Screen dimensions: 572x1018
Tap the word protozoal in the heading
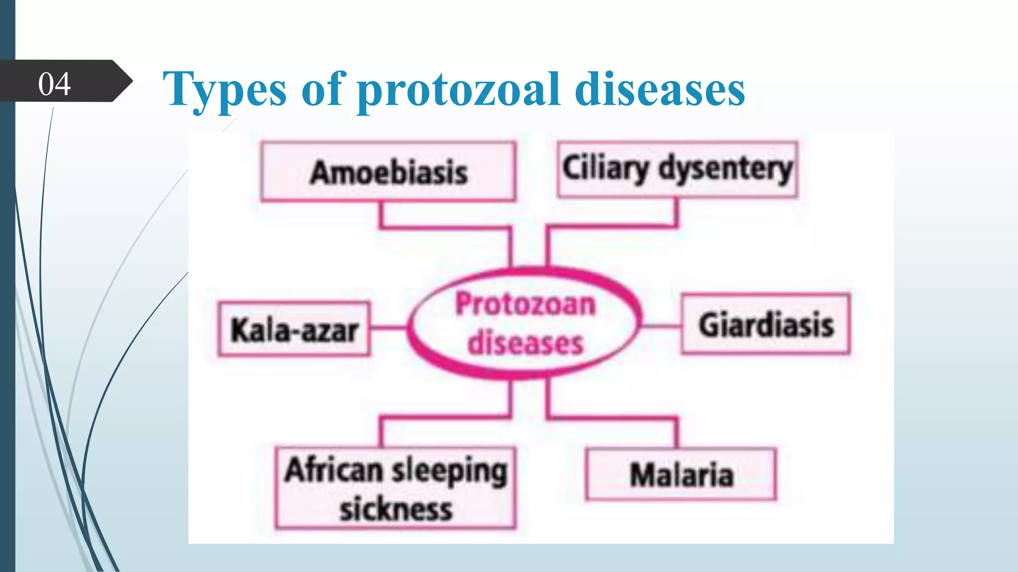[x=459, y=89]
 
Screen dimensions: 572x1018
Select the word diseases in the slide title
[x=660, y=89]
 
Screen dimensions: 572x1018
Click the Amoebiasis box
[x=388, y=172]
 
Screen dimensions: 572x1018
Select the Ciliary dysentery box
[x=678, y=169]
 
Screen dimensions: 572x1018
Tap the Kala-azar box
[x=294, y=329]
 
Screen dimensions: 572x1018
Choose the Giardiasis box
[x=766, y=324]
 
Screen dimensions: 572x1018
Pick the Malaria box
[x=681, y=474]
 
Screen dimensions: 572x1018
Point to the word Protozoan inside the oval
[x=525, y=304]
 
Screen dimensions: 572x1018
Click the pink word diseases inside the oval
[x=525, y=343]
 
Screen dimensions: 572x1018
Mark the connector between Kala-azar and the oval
[x=389, y=327]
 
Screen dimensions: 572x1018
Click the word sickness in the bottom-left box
[x=396, y=509]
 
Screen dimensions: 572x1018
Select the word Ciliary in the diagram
[x=605, y=168]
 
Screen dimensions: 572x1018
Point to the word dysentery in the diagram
[x=726, y=169]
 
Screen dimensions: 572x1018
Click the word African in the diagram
[x=334, y=470]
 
